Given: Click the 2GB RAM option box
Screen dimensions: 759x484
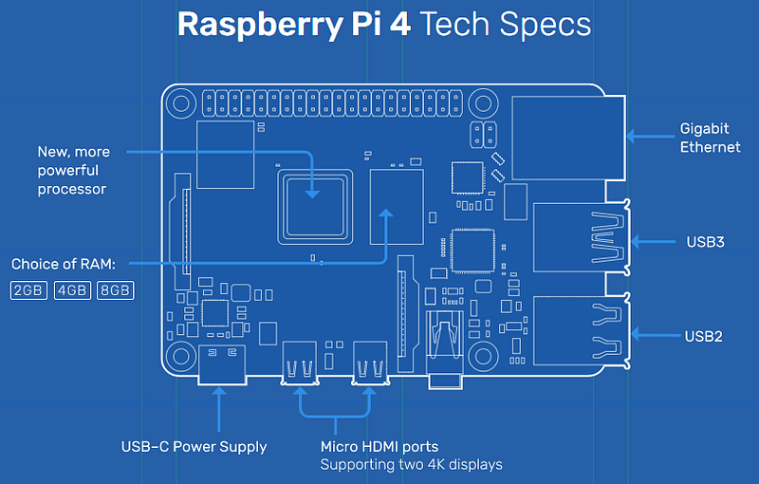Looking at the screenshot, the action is point(28,290).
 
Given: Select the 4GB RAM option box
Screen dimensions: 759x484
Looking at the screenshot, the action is point(72,290).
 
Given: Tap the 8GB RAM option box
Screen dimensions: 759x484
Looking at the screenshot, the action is point(115,290).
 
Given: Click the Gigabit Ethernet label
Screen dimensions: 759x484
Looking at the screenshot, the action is point(710,138).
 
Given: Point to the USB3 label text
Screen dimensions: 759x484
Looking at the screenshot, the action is point(705,241).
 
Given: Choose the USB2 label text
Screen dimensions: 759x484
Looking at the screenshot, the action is point(703,336).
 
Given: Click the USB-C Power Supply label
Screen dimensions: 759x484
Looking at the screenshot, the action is point(194,447).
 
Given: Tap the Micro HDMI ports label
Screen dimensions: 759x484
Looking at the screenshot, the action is point(379,446).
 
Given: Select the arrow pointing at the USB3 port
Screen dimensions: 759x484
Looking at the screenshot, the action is point(653,241).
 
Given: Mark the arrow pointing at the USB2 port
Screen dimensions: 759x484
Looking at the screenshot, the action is point(656,334).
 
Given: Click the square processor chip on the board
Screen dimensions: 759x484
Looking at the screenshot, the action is point(315,207).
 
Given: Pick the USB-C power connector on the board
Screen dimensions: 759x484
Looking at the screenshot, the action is point(222,365).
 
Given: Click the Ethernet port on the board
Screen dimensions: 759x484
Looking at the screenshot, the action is point(568,138).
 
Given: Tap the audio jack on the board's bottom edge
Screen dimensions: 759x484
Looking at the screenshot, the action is point(445,349).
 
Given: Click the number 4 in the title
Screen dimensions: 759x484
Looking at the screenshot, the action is point(400,24).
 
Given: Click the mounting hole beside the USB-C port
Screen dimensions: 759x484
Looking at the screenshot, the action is point(181,357).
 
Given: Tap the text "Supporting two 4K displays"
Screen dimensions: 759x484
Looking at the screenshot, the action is point(412,465).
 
